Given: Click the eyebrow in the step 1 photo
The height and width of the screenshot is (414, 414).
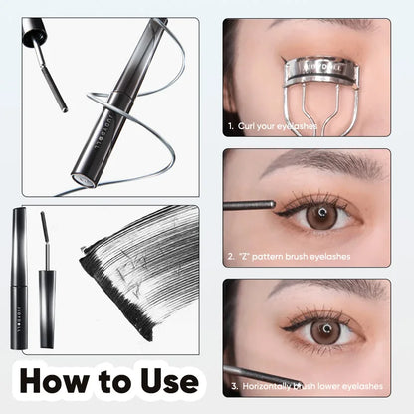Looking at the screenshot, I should click(x=289, y=25).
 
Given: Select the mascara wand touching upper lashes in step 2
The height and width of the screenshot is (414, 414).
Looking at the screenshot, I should click(x=249, y=205).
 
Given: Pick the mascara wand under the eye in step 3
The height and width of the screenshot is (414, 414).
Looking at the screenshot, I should click(x=249, y=373).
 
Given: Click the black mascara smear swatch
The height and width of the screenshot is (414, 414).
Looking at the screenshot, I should click(x=139, y=269).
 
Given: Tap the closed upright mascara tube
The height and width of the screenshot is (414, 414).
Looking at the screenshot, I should click(x=20, y=279).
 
